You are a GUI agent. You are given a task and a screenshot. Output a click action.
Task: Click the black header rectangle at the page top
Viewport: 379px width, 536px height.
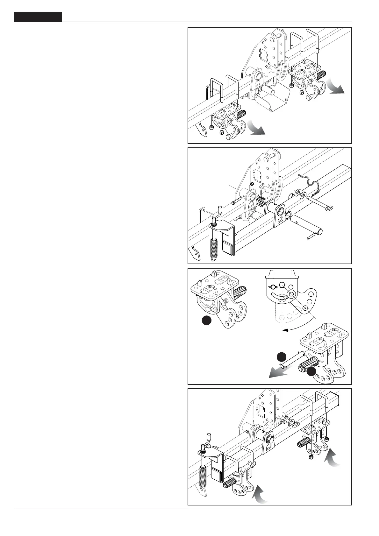pos(38,17)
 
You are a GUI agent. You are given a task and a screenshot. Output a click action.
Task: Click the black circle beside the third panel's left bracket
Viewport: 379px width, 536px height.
pos(207,321)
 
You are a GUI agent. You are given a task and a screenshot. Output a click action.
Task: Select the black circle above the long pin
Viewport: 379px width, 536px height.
pos(281,356)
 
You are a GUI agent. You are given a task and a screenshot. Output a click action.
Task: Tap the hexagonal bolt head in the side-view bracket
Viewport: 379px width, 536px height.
pos(282,286)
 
